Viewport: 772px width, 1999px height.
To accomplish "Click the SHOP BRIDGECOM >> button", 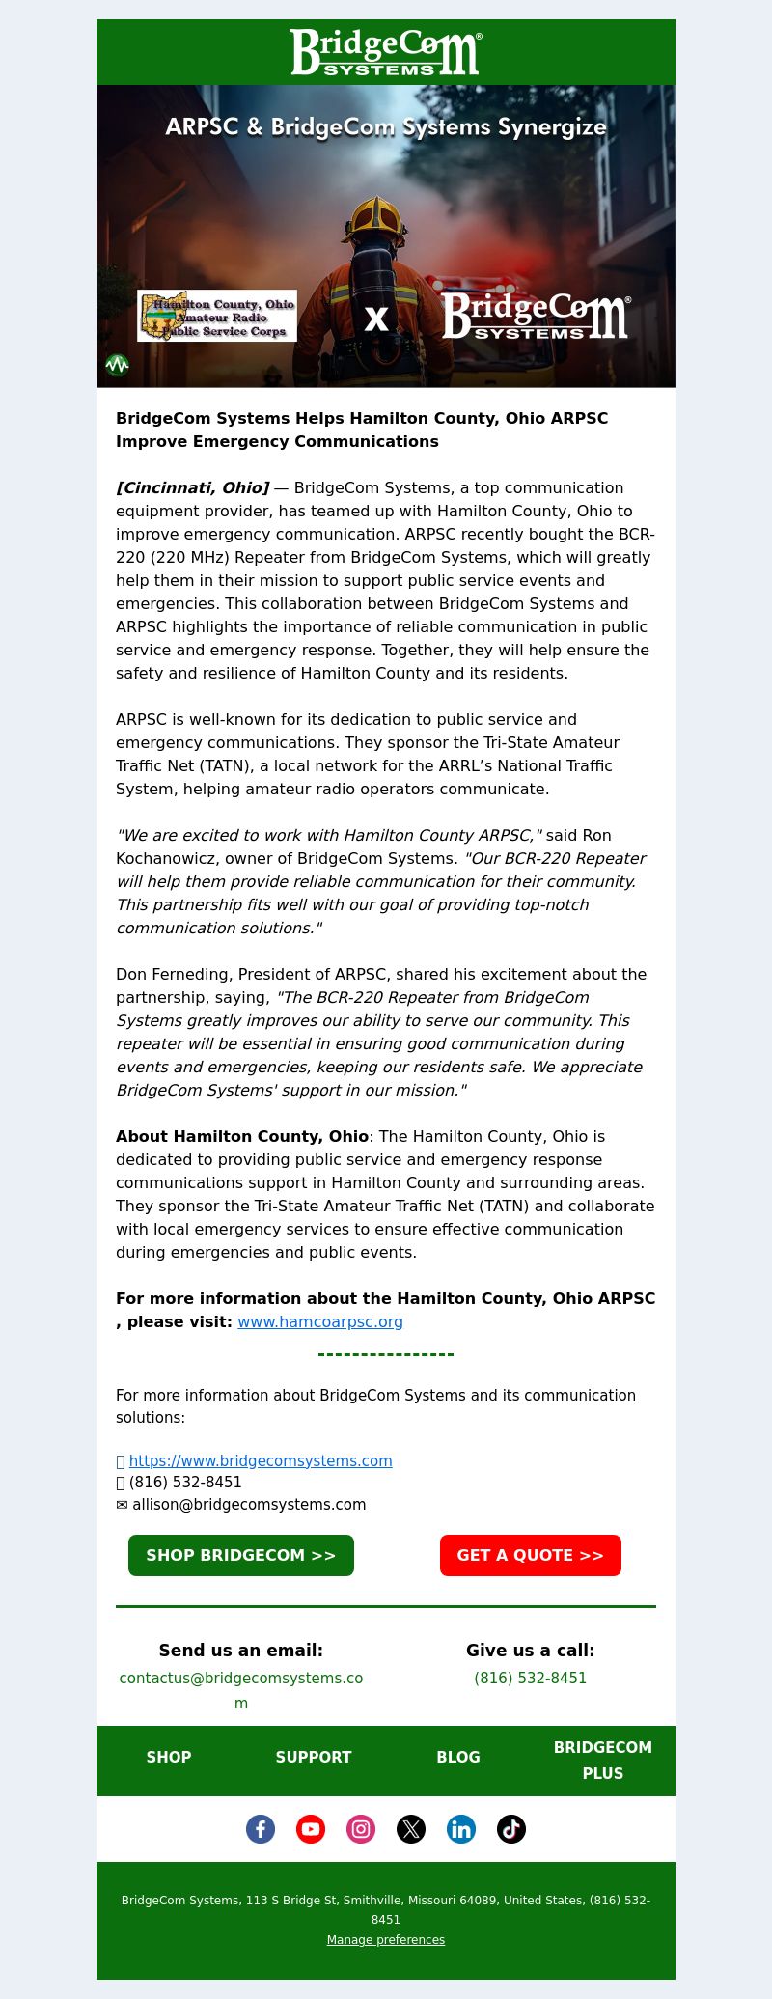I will (241, 1555).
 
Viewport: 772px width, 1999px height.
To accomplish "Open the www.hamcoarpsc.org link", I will (320, 1321).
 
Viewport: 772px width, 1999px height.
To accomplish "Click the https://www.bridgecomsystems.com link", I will (261, 1460).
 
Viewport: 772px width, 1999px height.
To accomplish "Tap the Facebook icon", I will (261, 1828).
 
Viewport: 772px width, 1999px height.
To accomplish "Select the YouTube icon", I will (311, 1828).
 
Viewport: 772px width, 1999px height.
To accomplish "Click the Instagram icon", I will (361, 1828).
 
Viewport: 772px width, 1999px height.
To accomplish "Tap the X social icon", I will (411, 1828).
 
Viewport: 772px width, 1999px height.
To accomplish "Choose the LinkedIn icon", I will (461, 1828).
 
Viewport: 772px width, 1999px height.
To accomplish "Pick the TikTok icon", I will (511, 1828).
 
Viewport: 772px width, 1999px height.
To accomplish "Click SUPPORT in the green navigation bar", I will (314, 1757).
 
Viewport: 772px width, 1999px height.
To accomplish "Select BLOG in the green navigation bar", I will (458, 1757).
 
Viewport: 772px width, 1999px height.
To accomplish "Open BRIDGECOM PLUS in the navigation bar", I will (603, 1760).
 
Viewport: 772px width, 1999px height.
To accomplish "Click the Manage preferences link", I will (386, 1939).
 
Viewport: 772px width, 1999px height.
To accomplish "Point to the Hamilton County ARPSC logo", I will (217, 316).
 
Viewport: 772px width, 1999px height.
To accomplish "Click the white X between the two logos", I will (376, 319).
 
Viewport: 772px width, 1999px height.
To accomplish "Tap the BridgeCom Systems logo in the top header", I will (386, 52).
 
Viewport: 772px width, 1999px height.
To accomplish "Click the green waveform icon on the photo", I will (117, 365).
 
